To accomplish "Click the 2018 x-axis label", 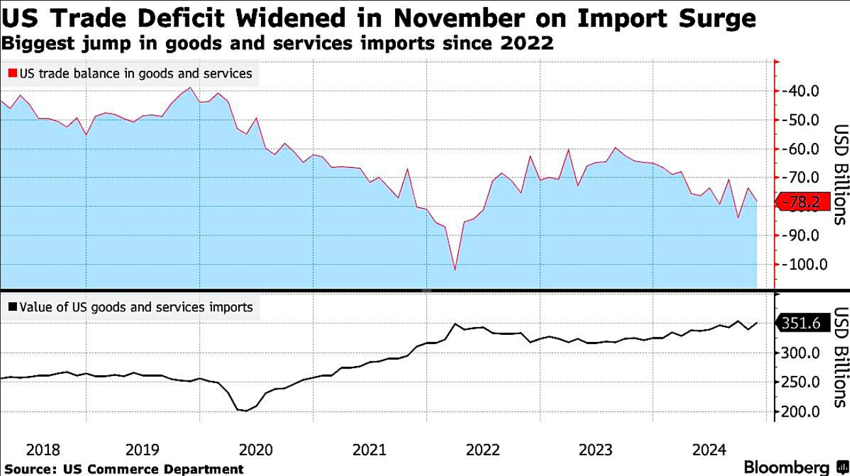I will click(44, 450).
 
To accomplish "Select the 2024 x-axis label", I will click(709, 450).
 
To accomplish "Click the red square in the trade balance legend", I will click(12, 74).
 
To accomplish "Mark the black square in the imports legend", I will click(12, 307).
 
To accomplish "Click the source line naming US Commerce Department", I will click(124, 469).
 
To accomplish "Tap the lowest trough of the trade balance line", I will click(454, 269).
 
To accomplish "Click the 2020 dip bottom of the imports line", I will click(246, 411).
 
